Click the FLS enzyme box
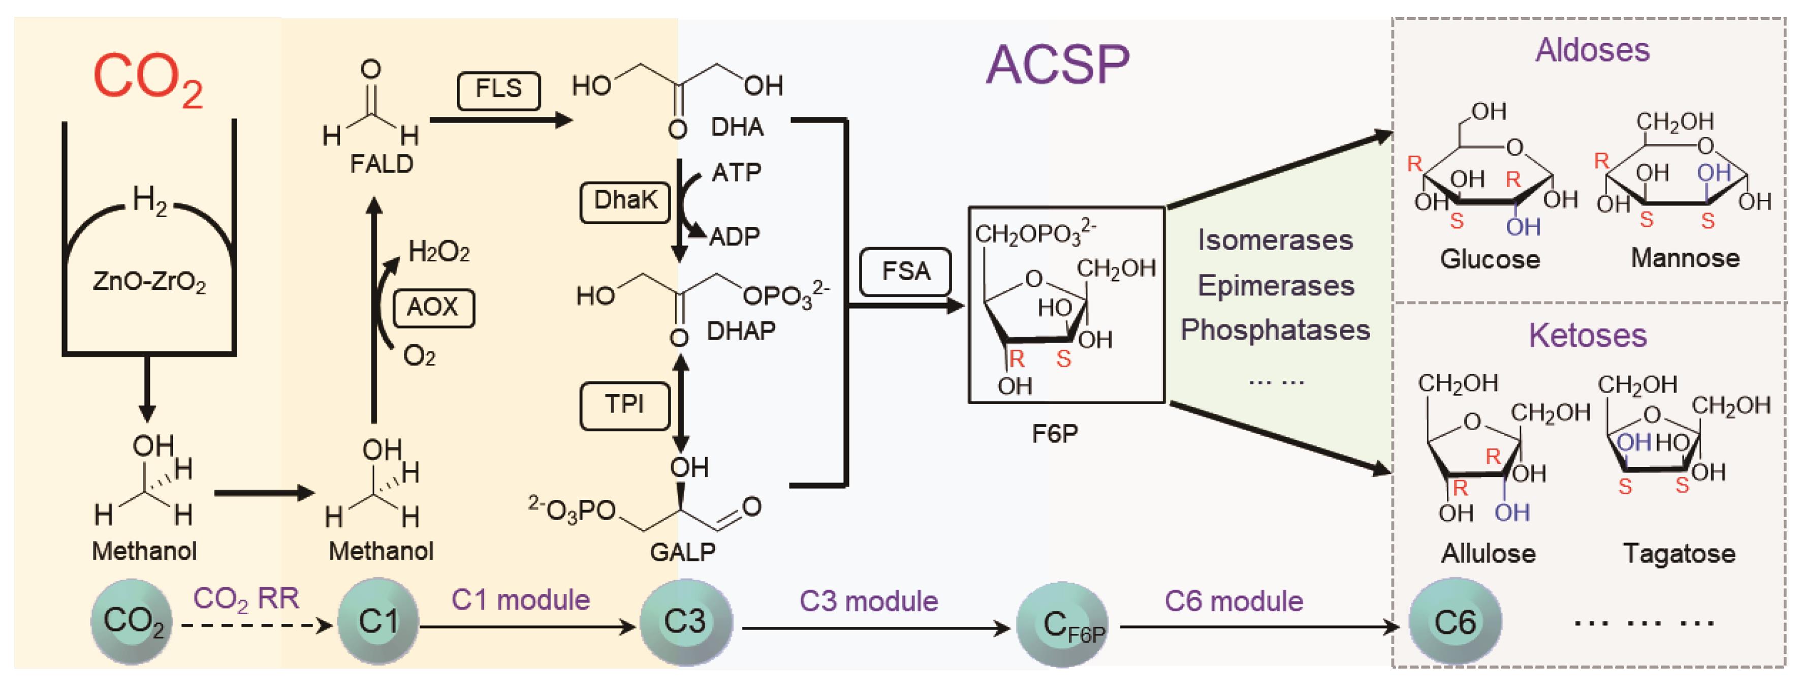(498, 90)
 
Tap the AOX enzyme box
(433, 308)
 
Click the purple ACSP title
(1057, 65)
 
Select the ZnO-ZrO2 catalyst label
(149, 282)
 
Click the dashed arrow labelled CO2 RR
(255, 625)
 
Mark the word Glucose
(1489, 260)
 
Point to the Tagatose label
(1679, 554)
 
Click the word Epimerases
(1276, 286)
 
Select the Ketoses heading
(1587, 336)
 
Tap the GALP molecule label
(683, 552)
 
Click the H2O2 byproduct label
(438, 252)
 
